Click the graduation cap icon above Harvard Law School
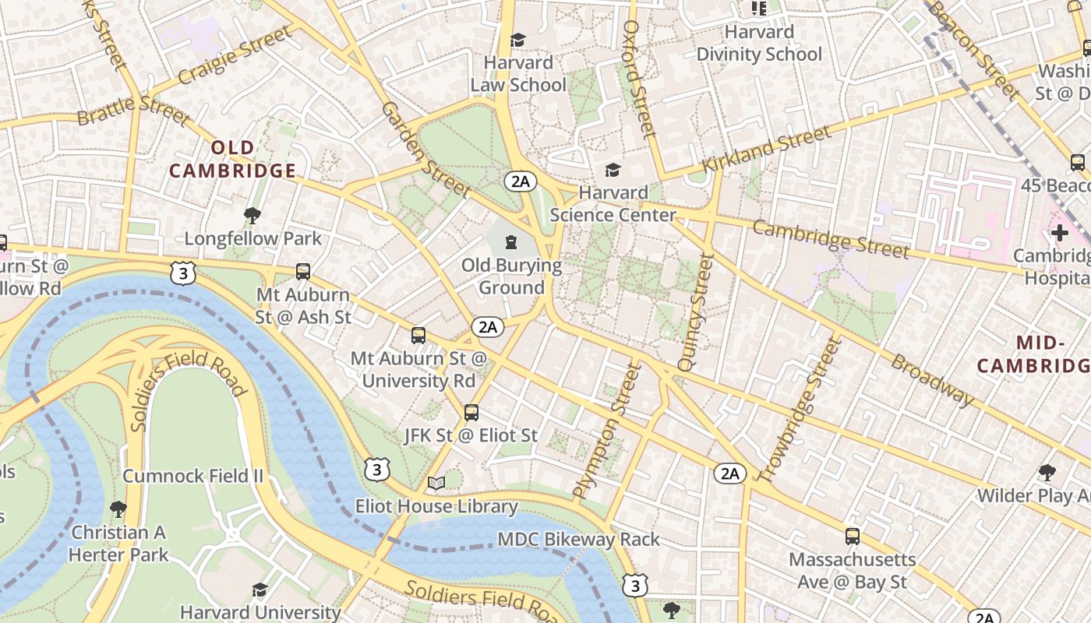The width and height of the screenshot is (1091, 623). (517, 40)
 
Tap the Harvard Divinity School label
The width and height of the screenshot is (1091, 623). (759, 44)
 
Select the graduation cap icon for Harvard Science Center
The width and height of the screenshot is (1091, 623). (613, 170)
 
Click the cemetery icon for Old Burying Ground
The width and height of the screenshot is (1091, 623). (511, 242)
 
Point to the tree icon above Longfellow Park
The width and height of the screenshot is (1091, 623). (252, 215)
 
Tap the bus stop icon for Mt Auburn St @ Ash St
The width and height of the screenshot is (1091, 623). (303, 272)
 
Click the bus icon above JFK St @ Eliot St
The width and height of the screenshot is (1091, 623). (471, 413)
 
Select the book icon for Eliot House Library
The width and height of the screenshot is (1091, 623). (436, 484)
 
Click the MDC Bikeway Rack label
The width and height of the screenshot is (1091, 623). (578, 539)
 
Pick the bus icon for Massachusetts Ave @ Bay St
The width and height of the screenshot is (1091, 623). (853, 537)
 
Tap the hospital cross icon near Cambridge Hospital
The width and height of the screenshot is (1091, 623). (1059, 233)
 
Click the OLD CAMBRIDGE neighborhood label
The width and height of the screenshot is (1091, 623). (232, 160)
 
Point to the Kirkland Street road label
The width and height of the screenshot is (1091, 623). (767, 151)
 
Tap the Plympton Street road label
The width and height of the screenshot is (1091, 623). (606, 432)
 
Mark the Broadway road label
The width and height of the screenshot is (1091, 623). (932, 381)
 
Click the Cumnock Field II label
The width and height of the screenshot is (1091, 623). (193, 476)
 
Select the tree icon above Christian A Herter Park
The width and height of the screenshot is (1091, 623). (118, 509)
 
